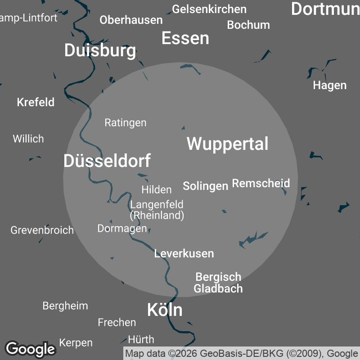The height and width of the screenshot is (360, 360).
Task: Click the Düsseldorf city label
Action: coord(107,161)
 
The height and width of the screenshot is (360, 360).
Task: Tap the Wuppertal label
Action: coord(227,144)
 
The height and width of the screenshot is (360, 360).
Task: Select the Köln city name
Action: coord(165,310)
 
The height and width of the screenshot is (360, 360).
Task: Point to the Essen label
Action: coord(185,38)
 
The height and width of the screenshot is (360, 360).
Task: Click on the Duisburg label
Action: coord(100,50)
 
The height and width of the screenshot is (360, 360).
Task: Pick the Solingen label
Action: coord(205,186)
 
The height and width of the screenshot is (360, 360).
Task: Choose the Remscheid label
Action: coord(261,183)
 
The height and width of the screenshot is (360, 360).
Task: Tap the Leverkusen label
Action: coord(184,253)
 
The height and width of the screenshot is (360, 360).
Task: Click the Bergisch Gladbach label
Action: coord(218,283)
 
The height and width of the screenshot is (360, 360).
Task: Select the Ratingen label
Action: coord(125,122)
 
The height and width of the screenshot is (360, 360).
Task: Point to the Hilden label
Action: coord(156,189)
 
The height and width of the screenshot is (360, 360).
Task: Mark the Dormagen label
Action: coord(122,228)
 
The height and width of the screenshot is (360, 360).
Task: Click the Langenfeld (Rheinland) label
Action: coord(157,210)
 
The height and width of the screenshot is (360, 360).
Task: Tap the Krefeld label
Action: coord(36,102)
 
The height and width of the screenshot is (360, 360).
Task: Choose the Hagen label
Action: coord(330,85)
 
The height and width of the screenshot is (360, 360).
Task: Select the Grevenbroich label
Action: coord(42,230)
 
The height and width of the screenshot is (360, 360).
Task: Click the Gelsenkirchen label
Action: coord(209,9)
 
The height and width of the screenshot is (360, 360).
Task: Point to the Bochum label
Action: coord(248,25)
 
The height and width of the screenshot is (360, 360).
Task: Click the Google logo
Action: coord(30,349)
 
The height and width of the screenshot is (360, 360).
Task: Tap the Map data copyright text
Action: coord(242,353)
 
